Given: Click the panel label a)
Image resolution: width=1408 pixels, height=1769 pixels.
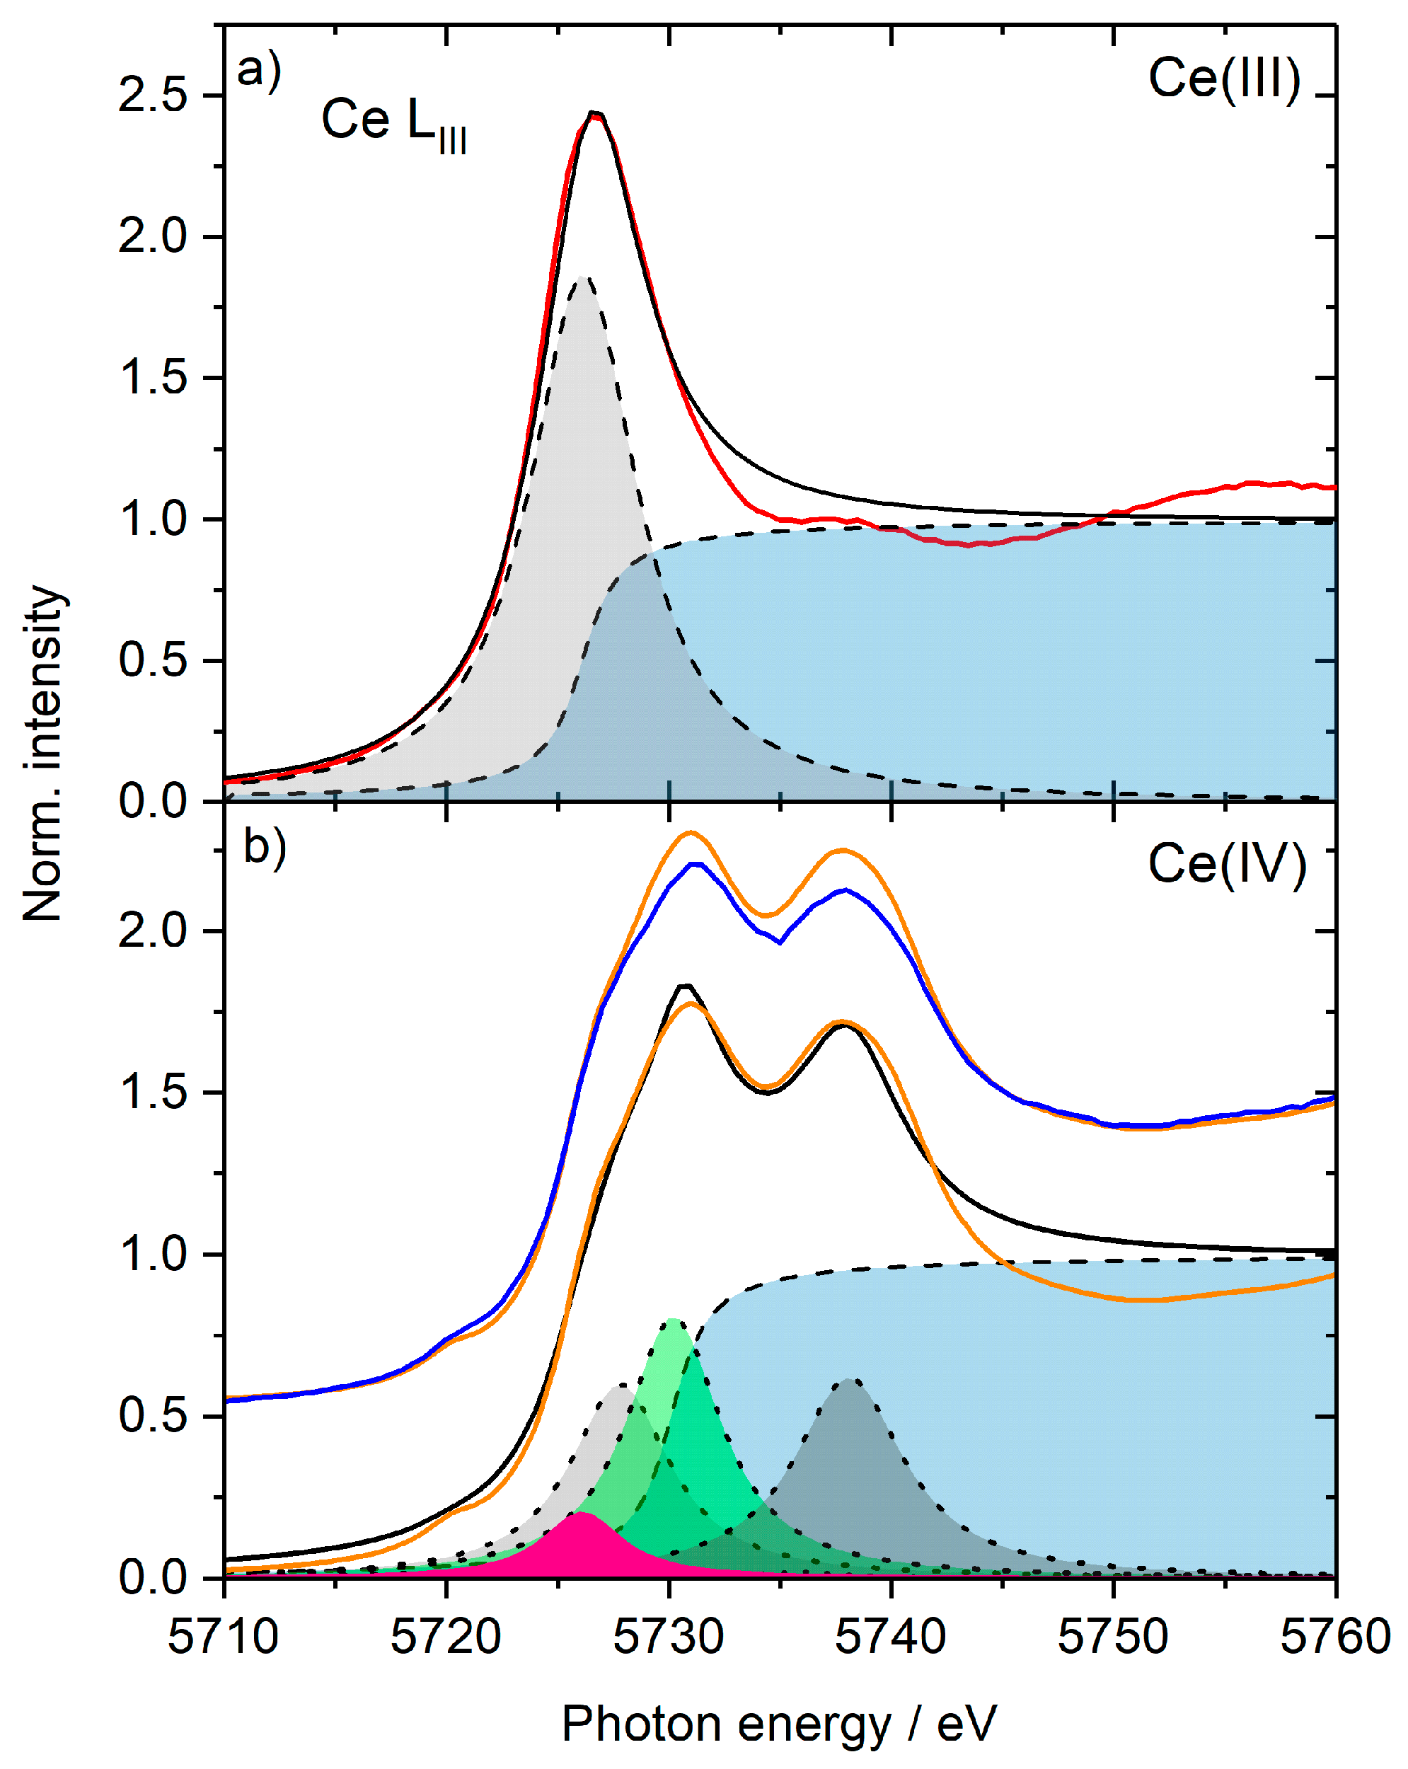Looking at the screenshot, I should coord(258,71).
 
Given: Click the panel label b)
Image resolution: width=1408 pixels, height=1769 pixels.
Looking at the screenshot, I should coord(264,846).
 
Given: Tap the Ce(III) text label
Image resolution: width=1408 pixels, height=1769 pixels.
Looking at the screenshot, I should coord(1223,79).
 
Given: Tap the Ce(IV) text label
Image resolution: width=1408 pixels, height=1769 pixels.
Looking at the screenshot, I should coord(1226,865).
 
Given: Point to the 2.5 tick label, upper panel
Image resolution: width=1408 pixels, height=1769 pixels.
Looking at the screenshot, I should coord(153,96).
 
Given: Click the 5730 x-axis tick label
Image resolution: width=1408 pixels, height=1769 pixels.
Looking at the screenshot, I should coord(668,1636).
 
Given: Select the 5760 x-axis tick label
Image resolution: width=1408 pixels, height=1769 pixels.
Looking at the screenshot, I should coord(1335,1636).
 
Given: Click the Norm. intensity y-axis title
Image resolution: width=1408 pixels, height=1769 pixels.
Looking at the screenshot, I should coord(42,753).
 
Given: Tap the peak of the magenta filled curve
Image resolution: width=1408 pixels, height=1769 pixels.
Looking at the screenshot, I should coord(580,1513).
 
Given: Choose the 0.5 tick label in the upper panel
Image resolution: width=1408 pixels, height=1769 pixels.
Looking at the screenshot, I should coord(153,660).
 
